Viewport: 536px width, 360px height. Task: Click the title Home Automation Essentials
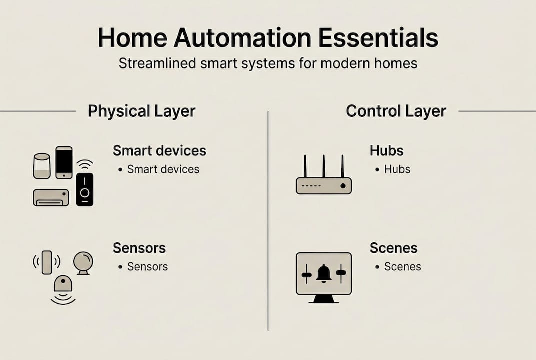tap(268, 38)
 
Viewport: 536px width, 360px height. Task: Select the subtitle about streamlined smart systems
tap(268, 64)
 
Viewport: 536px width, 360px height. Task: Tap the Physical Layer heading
tap(141, 111)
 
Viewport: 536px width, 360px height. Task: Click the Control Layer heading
tap(396, 111)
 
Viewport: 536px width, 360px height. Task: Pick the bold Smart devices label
tap(159, 150)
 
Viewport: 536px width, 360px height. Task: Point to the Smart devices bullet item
tap(163, 169)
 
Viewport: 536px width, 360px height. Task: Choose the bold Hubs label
tap(386, 150)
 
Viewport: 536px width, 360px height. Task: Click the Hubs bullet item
tap(397, 169)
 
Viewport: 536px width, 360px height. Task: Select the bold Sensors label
tap(139, 248)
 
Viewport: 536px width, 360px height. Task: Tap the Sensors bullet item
tap(147, 267)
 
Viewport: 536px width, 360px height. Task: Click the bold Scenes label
tap(393, 248)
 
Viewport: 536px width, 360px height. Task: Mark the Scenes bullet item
tap(402, 267)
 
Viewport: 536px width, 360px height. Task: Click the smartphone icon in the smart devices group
tap(64, 162)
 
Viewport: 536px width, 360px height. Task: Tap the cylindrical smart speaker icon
tap(42, 166)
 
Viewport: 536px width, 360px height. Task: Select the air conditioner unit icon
tap(51, 197)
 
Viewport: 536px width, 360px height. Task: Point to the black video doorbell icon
tap(85, 189)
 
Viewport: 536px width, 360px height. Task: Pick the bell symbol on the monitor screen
tap(323, 273)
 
